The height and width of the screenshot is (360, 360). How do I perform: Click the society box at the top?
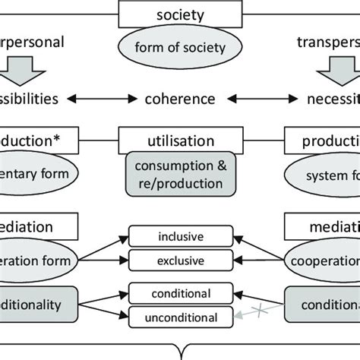(x=179, y=14)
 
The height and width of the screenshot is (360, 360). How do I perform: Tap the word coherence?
(x=180, y=99)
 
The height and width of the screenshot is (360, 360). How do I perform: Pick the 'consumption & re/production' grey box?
(x=180, y=174)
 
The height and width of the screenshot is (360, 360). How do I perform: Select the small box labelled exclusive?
(x=180, y=261)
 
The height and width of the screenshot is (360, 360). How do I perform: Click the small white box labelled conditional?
(x=180, y=293)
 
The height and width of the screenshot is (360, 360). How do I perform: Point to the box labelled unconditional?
(x=180, y=317)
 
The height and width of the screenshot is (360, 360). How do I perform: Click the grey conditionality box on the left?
(x=38, y=302)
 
